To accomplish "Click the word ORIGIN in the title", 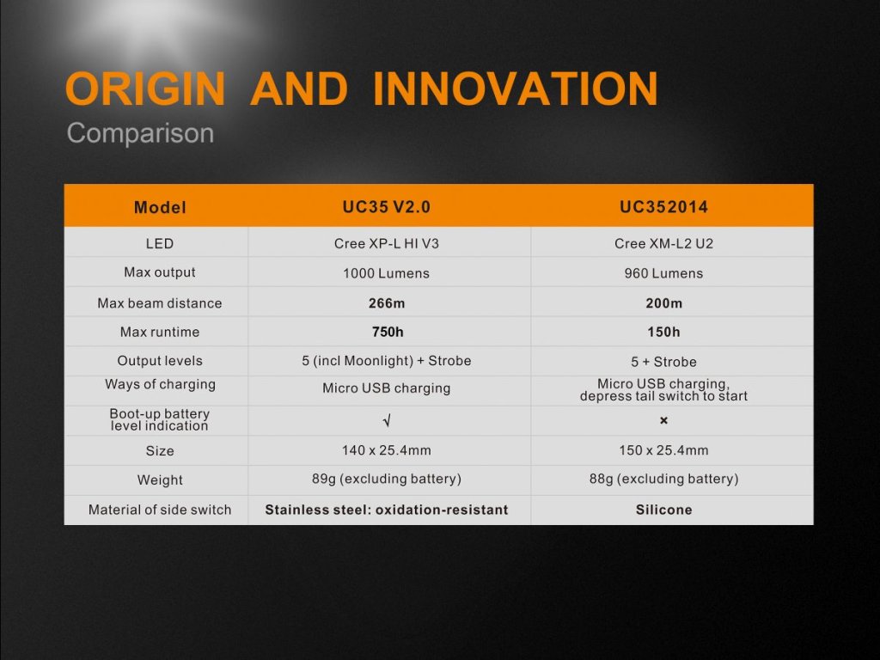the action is coord(145,89).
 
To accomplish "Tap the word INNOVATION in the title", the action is coord(516,89).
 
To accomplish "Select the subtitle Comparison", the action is coord(140,133).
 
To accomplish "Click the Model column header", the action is coord(160,208).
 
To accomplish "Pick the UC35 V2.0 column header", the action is coord(387,207).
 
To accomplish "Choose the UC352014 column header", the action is coord(664,207).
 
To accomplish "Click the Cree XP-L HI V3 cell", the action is coord(387,243).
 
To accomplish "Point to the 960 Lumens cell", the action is coord(664,273).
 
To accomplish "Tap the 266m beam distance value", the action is coord(387,303).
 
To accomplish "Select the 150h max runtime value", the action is coord(664,333).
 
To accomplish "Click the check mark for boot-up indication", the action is coord(387,420).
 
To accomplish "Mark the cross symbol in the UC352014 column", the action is coord(664,420).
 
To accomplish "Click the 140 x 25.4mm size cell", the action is coord(387,450).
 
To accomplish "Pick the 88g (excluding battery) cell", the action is coord(664,479).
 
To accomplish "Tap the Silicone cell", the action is coord(664,510).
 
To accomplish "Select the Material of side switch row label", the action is coord(160,510).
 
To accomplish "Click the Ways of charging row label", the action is coord(160,384).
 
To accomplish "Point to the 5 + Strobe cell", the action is coord(664,362).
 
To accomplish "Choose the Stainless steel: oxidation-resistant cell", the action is coord(387,510).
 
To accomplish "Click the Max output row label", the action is coord(160,272).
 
